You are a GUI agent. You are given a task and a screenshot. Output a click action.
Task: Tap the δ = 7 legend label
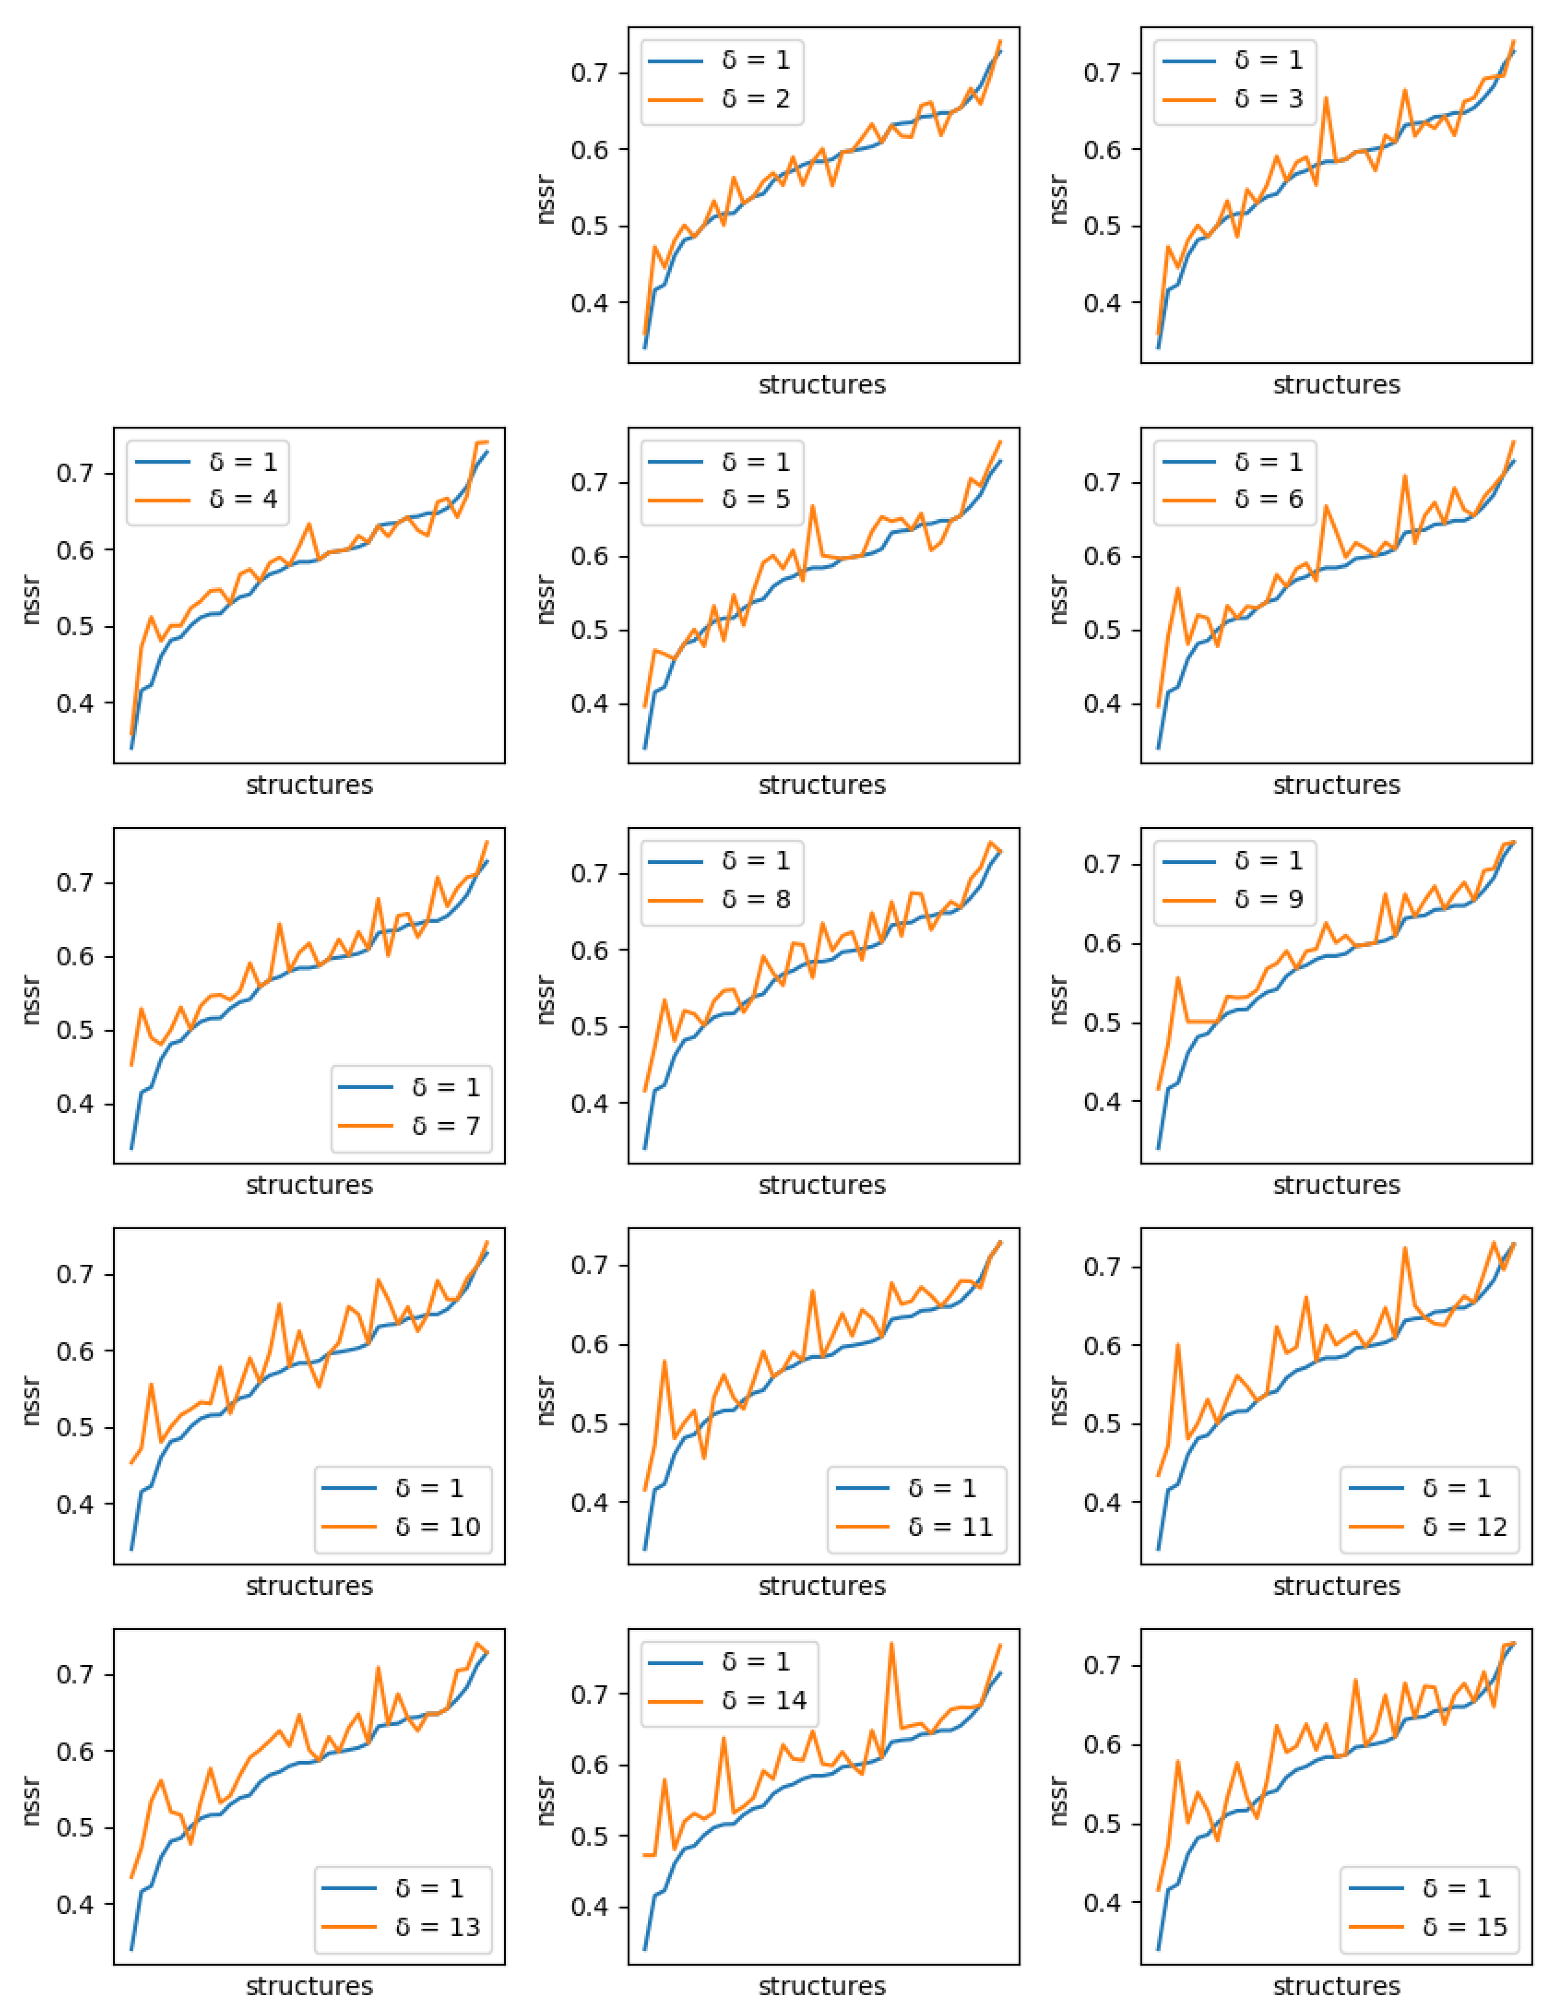pyautogui.click(x=446, y=1126)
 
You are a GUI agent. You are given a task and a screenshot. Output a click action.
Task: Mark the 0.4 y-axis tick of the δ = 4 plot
pyautogui.click(x=74, y=704)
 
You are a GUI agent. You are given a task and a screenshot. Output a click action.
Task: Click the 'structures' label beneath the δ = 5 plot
pyautogui.click(x=822, y=785)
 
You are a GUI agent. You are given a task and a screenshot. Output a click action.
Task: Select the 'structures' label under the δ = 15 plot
pyautogui.click(x=1336, y=1986)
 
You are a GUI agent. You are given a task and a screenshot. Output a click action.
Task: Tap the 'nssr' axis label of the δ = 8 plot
pyautogui.click(x=546, y=1000)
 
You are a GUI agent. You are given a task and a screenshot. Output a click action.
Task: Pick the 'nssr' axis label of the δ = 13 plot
pyautogui.click(x=31, y=1801)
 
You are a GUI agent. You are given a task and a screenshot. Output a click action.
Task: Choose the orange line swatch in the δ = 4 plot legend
pyautogui.click(x=163, y=499)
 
